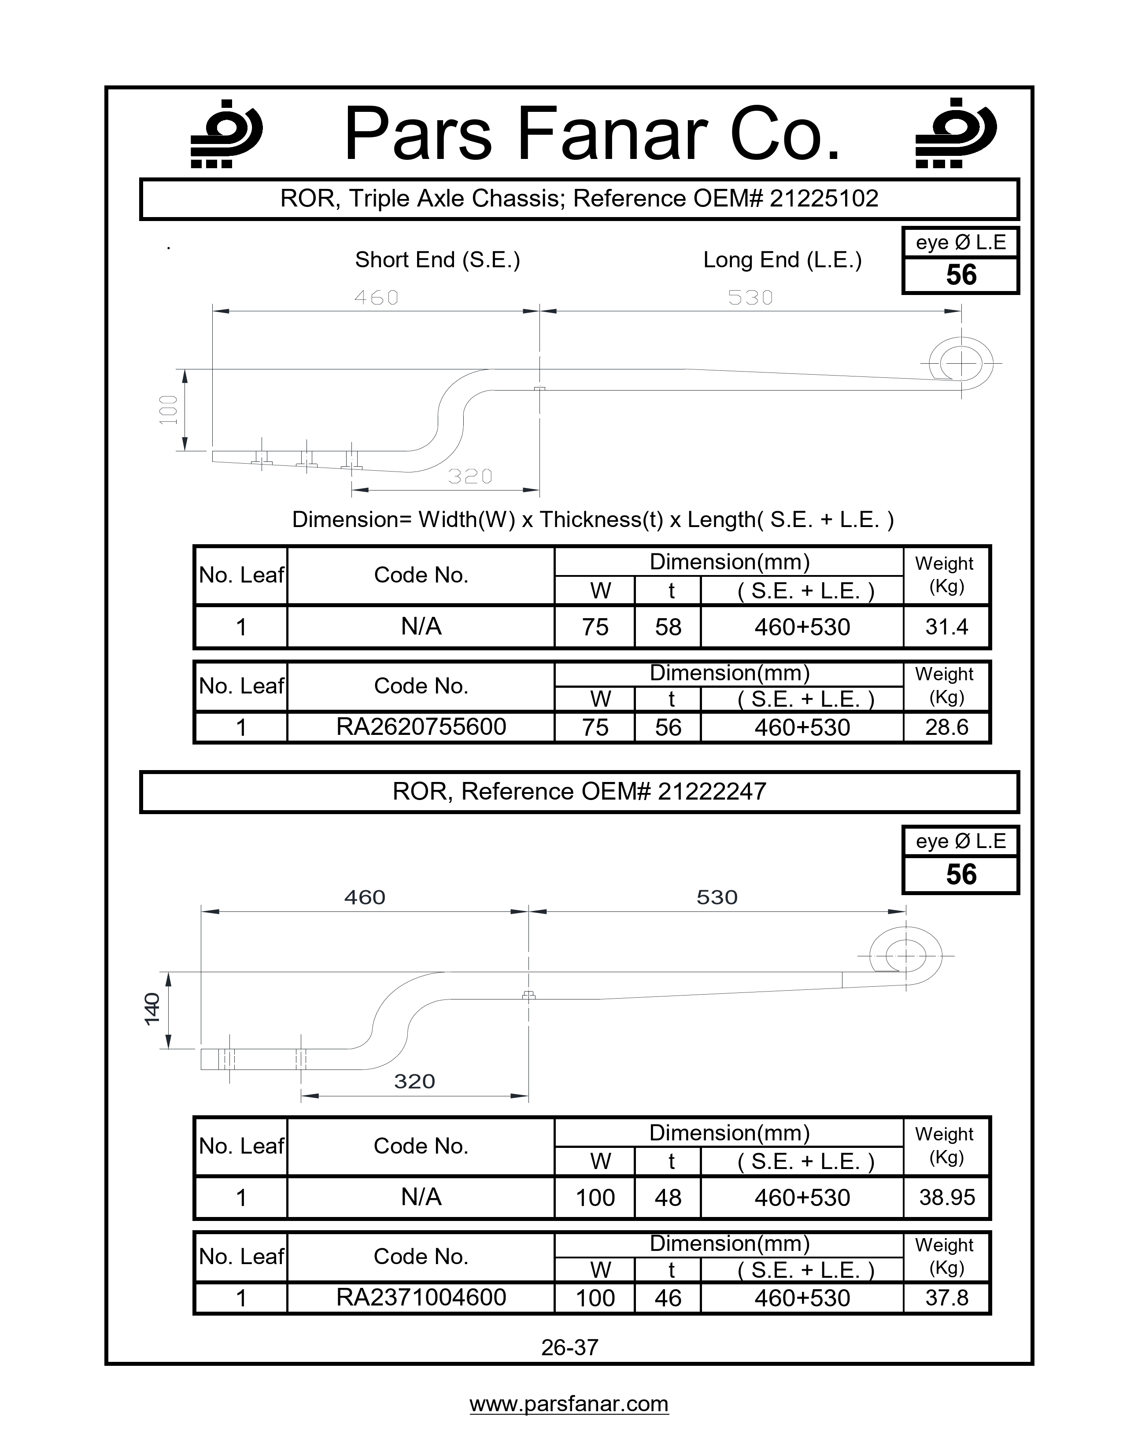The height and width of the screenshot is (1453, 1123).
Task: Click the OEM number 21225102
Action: click(824, 198)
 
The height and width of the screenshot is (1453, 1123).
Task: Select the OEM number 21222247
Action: click(712, 791)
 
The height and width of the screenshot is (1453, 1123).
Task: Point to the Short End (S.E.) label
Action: click(437, 259)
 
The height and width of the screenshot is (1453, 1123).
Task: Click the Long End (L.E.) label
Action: click(783, 259)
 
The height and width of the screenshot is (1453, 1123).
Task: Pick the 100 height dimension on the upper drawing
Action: click(169, 410)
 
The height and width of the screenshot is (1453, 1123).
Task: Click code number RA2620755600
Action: click(421, 726)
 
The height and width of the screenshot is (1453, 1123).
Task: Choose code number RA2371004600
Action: click(421, 1297)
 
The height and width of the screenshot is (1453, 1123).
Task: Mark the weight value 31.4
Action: click(946, 627)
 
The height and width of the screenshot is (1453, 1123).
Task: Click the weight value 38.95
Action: click(946, 1198)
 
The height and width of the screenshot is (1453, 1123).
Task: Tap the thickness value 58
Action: click(668, 627)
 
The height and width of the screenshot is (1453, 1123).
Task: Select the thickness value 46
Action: click(668, 1297)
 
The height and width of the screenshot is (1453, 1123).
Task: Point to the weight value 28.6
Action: click(946, 727)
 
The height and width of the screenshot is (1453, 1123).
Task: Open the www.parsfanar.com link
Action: click(569, 1404)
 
